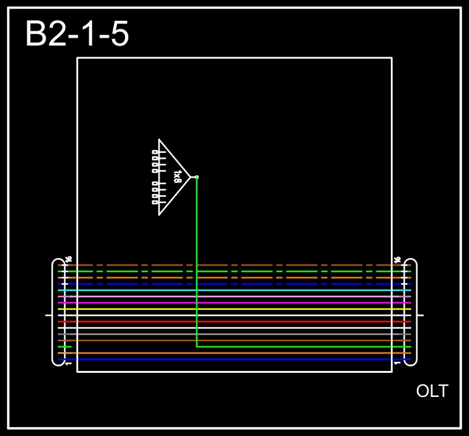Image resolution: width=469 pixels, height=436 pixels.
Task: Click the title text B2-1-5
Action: (77, 34)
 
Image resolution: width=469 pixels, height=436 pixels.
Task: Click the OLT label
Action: (432, 391)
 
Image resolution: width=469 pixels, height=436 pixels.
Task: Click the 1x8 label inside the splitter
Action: (177, 176)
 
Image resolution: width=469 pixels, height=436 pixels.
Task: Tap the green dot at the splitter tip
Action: (197, 177)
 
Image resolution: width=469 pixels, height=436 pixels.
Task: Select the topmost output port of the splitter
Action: (155, 152)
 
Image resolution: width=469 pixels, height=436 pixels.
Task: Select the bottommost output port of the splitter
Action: (155, 202)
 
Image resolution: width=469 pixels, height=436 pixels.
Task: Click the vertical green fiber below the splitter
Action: (197, 260)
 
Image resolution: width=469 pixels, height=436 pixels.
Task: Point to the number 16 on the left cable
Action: (68, 260)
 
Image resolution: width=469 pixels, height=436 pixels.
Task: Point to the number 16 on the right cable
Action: (397, 260)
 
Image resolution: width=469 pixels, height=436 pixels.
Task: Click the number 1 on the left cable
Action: (68, 363)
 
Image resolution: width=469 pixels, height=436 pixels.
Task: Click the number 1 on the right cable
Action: (397, 363)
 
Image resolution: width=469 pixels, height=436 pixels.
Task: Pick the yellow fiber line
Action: (234, 309)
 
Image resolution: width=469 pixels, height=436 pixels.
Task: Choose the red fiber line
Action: (234, 321)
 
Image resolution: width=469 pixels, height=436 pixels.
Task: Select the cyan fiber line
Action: (234, 290)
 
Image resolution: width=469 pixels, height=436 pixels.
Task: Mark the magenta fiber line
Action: (234, 303)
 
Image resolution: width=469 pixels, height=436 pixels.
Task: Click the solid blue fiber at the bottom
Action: (234, 359)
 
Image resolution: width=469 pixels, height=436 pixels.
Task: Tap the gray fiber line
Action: (234, 334)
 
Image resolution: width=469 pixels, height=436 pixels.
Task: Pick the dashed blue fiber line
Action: (234, 284)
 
